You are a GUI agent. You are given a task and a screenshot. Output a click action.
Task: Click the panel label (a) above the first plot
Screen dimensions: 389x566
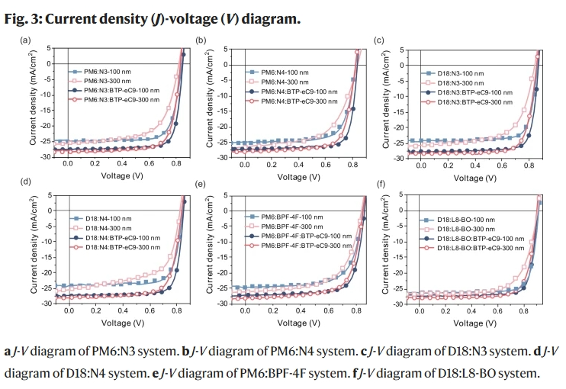click(26, 40)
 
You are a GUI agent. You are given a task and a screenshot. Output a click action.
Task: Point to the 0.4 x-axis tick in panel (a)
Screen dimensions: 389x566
click(124, 163)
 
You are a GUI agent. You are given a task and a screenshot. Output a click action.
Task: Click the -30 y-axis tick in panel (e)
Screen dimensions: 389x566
click(216, 302)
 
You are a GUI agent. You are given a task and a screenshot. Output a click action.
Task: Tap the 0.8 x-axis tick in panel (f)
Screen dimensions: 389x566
click(523, 311)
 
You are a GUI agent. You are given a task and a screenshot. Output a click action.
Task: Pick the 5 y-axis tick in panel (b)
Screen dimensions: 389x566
click(220, 48)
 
